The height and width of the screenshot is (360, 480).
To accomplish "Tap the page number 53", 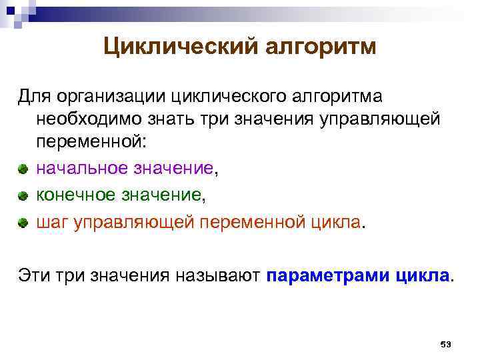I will pyautogui.click(x=446, y=344).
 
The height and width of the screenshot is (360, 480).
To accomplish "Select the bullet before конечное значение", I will pyautogui.click(x=24, y=196).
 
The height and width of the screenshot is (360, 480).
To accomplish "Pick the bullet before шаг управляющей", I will pyautogui.click(x=24, y=223).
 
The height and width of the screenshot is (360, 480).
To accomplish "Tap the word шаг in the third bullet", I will pyautogui.click(x=51, y=222).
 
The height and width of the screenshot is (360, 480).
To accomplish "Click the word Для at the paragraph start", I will pyautogui.click(x=33, y=97).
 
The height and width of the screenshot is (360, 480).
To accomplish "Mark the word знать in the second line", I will pyautogui.click(x=174, y=120).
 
